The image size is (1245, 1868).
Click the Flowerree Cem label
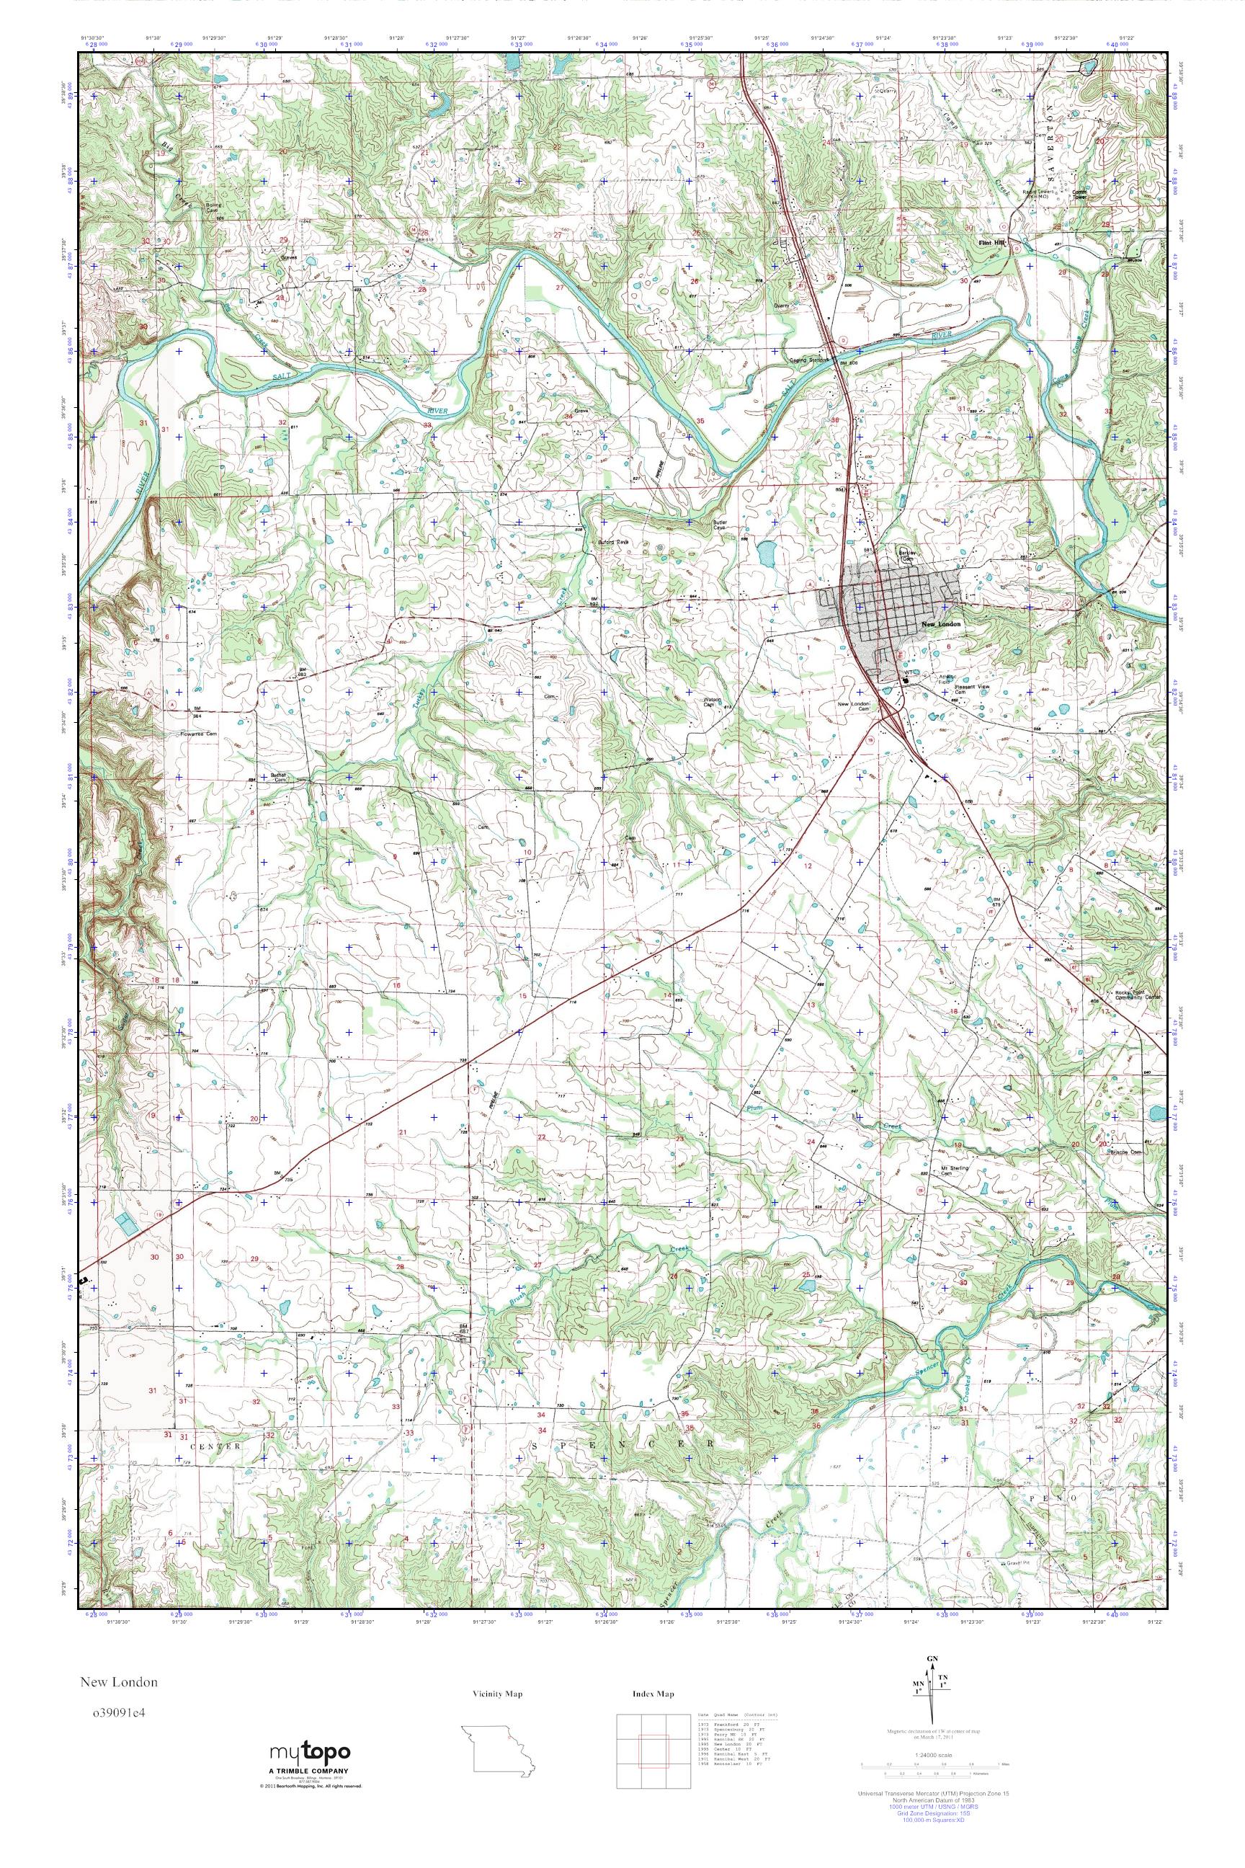tap(199, 734)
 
